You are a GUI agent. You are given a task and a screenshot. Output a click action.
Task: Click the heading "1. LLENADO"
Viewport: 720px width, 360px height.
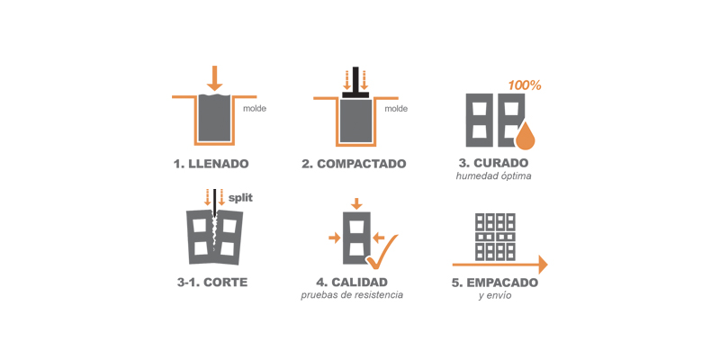(211, 164)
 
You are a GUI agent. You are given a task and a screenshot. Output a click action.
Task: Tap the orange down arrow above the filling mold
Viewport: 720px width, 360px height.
(214, 78)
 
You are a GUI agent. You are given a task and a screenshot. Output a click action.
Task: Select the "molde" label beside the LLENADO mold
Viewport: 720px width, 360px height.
(255, 109)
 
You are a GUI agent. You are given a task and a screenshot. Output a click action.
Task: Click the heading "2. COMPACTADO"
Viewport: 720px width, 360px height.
(354, 164)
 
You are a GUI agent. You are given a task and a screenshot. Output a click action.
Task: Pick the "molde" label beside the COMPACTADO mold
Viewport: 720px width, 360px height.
(396, 109)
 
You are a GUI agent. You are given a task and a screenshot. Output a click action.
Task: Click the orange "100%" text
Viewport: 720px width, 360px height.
(525, 85)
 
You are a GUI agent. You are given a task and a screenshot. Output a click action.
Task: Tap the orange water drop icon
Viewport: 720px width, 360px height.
(526, 137)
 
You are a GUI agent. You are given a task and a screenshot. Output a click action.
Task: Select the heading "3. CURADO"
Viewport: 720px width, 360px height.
(493, 163)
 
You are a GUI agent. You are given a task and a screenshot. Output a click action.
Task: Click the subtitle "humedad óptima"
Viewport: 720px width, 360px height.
(493, 176)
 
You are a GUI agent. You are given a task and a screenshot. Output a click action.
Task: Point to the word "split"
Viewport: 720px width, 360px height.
(240, 199)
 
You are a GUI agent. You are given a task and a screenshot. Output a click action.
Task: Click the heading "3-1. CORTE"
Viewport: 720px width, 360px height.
(212, 282)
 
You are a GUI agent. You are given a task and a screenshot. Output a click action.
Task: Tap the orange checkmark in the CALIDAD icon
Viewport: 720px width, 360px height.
(382, 253)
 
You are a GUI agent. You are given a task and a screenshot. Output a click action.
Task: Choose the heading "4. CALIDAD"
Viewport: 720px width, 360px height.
(351, 282)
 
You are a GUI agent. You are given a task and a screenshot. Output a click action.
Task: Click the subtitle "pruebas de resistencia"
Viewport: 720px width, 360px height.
(352, 295)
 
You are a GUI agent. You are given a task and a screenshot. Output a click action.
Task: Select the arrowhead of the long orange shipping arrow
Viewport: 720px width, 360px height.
(543, 265)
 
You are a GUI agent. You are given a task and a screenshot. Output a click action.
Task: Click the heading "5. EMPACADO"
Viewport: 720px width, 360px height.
(494, 283)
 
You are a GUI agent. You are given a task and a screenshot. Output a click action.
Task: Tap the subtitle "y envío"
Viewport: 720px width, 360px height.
(494, 296)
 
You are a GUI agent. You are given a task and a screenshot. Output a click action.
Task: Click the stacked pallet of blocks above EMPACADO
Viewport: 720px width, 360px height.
(495, 237)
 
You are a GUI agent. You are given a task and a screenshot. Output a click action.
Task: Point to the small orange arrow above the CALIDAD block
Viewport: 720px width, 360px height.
(356, 203)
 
